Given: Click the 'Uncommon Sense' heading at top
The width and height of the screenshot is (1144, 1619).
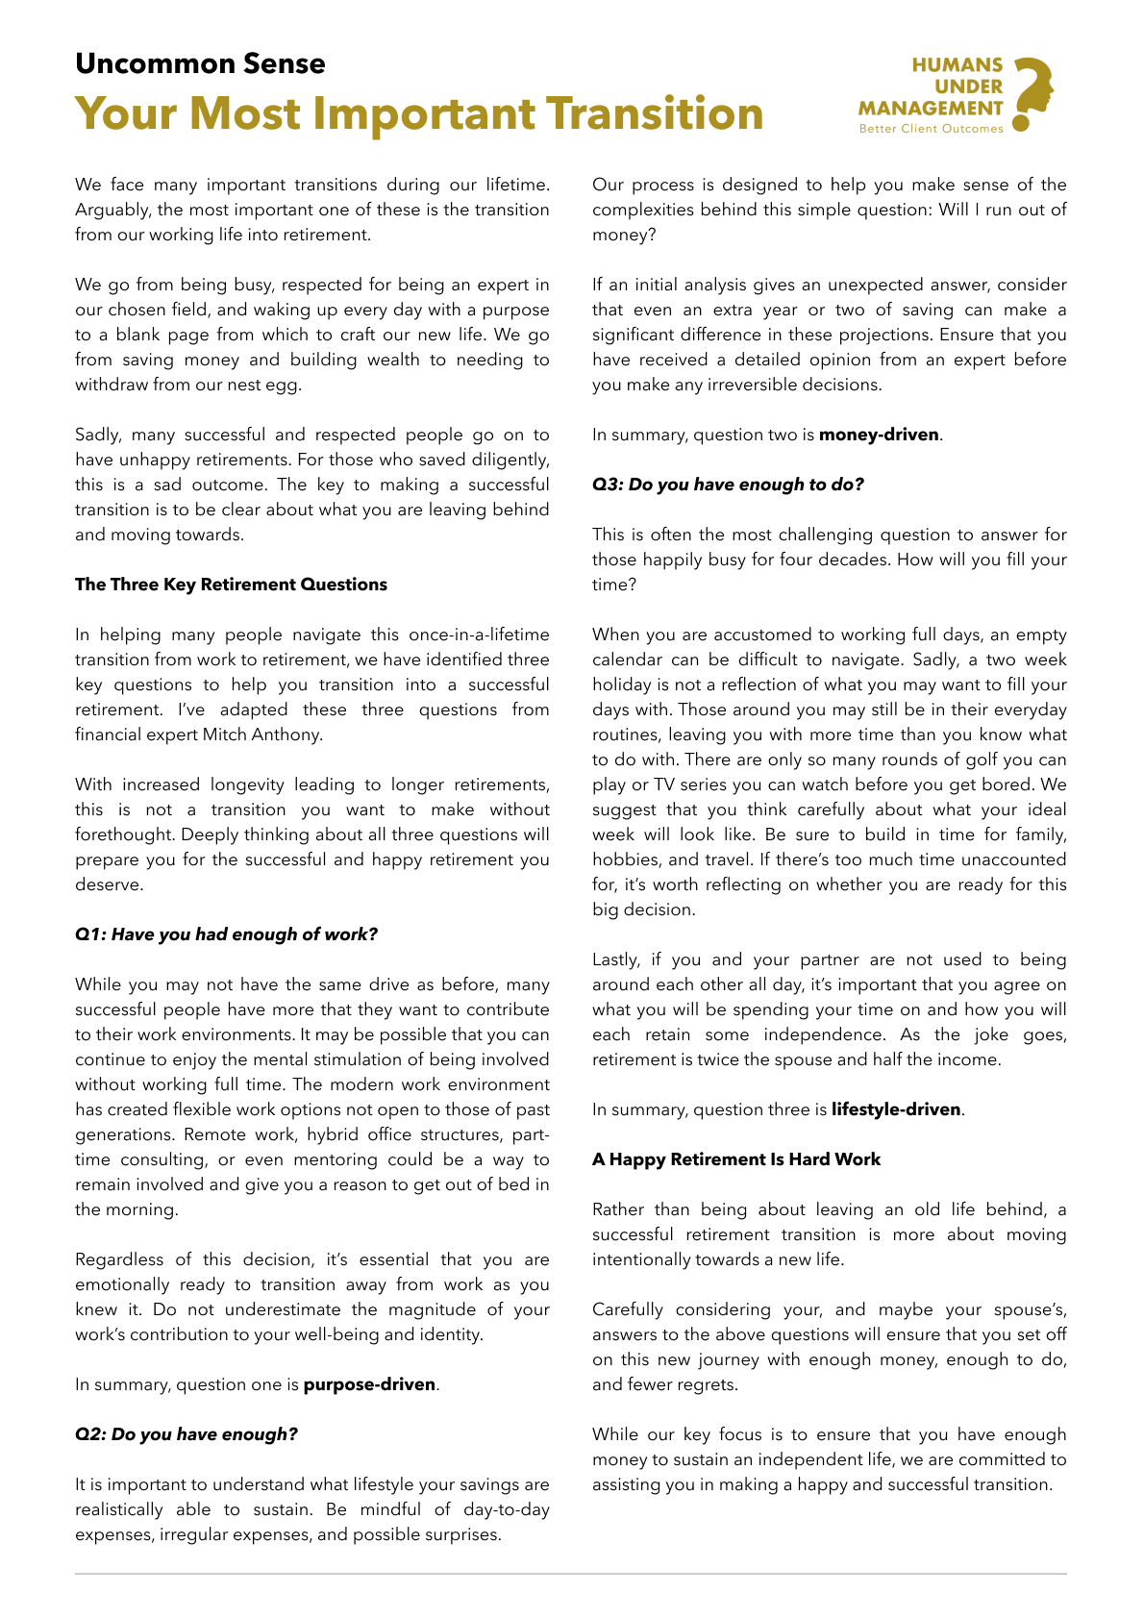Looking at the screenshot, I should coord(200,63).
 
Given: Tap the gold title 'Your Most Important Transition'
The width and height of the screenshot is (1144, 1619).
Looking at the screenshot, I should coord(419,113).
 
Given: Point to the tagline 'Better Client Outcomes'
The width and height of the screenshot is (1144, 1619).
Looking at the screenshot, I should coord(931,129).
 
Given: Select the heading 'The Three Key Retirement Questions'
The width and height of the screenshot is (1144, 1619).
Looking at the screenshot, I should coord(231,585).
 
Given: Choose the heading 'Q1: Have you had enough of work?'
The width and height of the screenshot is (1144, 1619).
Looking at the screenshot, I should coord(227,934).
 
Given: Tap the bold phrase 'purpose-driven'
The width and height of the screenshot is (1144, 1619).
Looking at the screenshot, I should coord(369,1384).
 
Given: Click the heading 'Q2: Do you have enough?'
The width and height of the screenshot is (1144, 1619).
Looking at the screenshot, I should coord(187,1434).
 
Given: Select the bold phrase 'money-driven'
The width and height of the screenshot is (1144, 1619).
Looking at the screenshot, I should coord(879,435).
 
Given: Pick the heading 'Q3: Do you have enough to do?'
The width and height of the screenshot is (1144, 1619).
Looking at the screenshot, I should coord(728,485).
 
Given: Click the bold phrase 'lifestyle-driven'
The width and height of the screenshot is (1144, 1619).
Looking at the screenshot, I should coord(896,1109).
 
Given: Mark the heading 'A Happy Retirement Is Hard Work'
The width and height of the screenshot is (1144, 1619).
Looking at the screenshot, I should coord(736,1159).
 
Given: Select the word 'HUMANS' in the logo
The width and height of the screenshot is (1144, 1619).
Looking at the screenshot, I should coord(957,65).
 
